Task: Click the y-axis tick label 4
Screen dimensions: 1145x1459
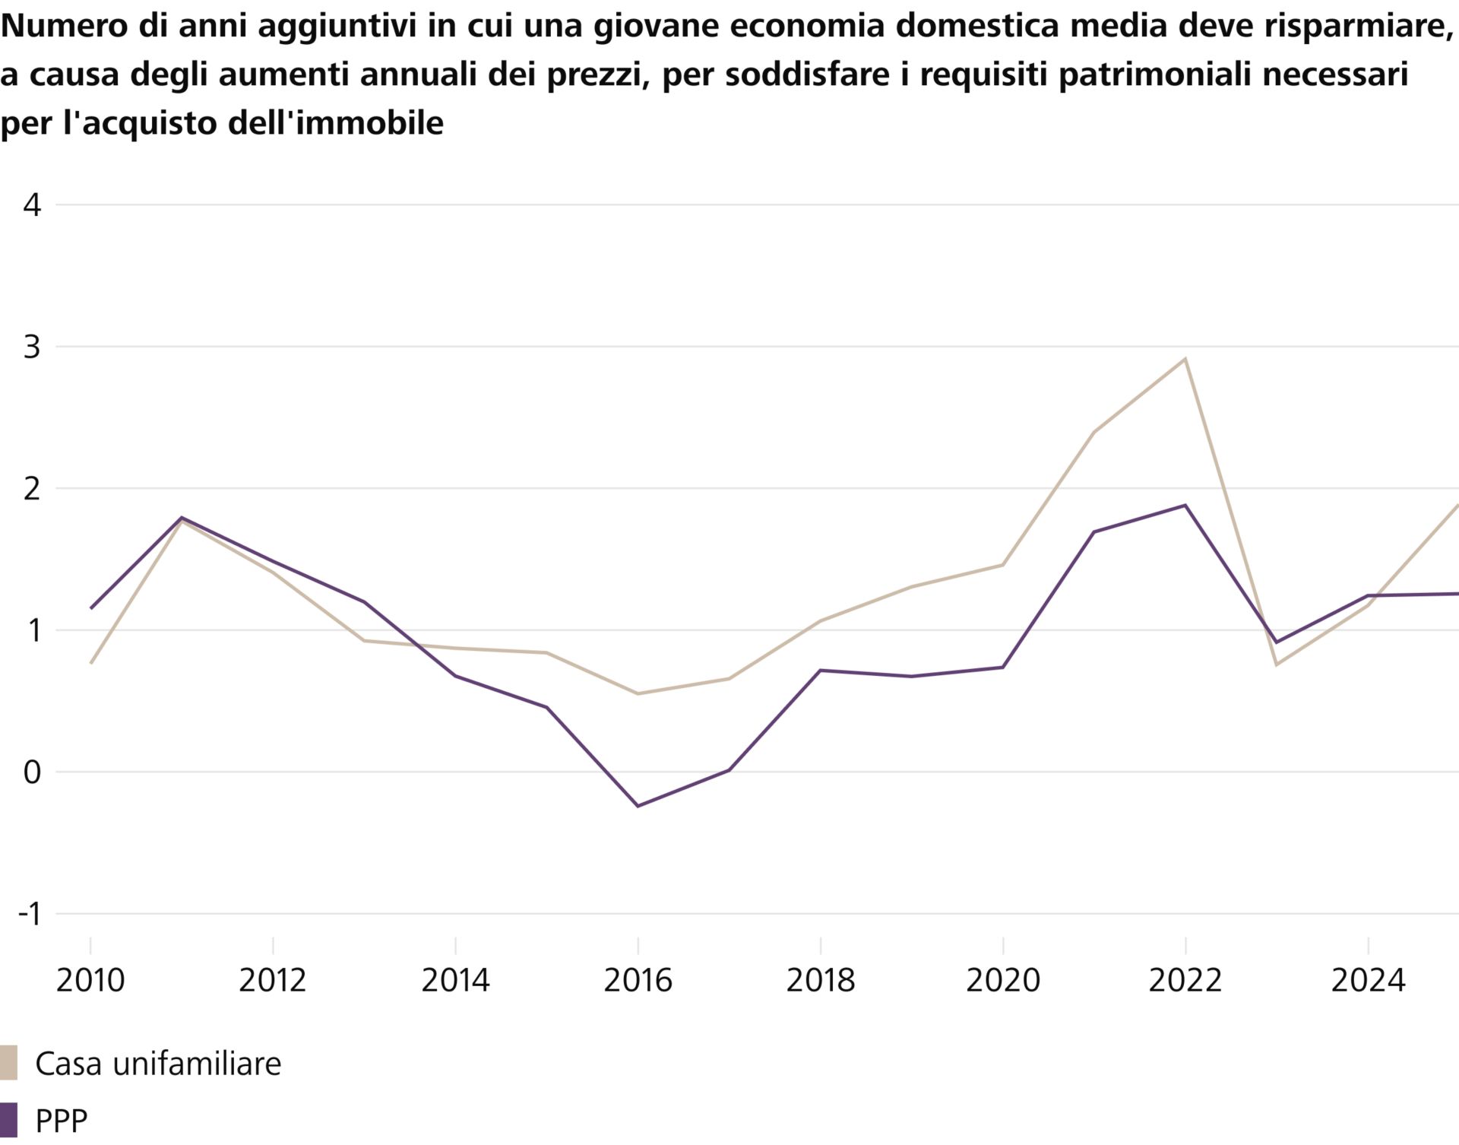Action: click(x=32, y=205)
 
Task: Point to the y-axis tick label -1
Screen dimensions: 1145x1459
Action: click(x=30, y=915)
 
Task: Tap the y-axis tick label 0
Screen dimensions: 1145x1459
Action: click(x=32, y=772)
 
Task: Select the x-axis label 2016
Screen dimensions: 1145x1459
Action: click(x=638, y=981)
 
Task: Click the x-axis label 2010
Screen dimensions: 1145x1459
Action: click(x=90, y=981)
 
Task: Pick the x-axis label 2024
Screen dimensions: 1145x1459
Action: click(x=1368, y=981)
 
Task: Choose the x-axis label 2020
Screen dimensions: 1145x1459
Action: click(x=1002, y=981)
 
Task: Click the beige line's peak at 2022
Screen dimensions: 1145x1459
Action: click(x=1185, y=359)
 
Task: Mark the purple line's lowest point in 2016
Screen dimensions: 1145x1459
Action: click(x=638, y=806)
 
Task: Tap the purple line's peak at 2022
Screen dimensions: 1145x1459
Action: click(x=1185, y=506)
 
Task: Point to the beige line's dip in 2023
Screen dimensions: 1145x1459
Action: click(x=1276, y=664)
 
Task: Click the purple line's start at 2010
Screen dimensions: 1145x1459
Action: click(x=91, y=608)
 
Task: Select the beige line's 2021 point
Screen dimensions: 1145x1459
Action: click(x=1093, y=432)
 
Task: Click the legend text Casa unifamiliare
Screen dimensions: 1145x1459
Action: click(x=158, y=1064)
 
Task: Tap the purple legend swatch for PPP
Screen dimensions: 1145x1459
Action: click(x=8, y=1121)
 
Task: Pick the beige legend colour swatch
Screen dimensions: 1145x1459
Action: click(x=8, y=1063)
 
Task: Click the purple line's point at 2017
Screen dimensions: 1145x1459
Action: click(x=729, y=770)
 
